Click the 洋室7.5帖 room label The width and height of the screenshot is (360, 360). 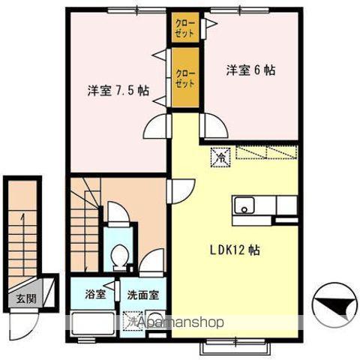[118, 91]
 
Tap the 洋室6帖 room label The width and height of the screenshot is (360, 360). [251, 70]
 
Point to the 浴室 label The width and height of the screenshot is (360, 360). [94, 294]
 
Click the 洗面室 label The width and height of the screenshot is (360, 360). [142, 294]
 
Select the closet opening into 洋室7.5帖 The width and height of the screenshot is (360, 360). [184, 77]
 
